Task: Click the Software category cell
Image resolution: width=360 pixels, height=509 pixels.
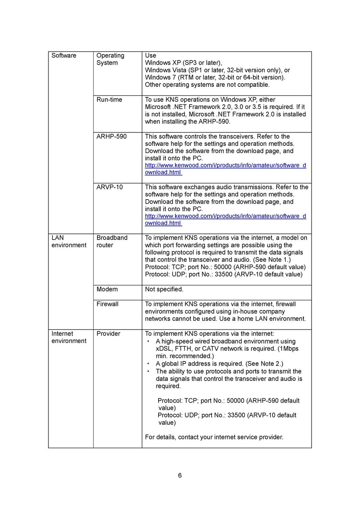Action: pyautogui.click(x=64, y=56)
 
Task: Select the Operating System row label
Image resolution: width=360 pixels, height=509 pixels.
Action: pyautogui.click(x=110, y=59)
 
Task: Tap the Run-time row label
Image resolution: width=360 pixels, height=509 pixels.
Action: pyautogui.click(x=109, y=100)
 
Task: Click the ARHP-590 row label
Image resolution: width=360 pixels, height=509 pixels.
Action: pyautogui.click(x=111, y=137)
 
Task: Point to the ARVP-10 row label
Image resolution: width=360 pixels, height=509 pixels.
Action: pyautogui.click(x=110, y=187)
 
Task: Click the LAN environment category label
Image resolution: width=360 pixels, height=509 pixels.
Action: pyautogui.click(x=69, y=242)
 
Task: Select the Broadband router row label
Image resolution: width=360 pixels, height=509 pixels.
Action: pyautogui.click(x=112, y=242)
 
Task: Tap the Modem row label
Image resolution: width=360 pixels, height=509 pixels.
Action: pyautogui.click(x=107, y=289)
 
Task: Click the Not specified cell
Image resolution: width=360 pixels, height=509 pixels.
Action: pyautogui.click(x=164, y=289)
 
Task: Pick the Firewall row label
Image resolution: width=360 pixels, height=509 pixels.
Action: pyautogui.click(x=107, y=304)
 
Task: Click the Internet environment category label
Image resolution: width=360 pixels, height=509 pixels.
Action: pyautogui.click(x=69, y=337)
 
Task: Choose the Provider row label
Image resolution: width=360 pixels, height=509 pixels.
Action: pyautogui.click(x=108, y=334)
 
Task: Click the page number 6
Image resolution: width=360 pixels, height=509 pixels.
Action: pyautogui.click(x=180, y=476)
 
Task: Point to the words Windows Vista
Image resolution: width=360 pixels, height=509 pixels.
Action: pyautogui.click(x=166, y=70)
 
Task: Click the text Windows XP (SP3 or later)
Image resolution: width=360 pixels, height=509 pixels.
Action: pyautogui.click(x=183, y=63)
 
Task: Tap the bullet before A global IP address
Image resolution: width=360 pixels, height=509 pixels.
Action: pyautogui.click(x=148, y=364)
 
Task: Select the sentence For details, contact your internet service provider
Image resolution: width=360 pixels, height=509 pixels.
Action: pyautogui.click(x=214, y=437)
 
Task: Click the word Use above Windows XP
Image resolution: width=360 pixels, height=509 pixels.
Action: pyautogui.click(x=150, y=56)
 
